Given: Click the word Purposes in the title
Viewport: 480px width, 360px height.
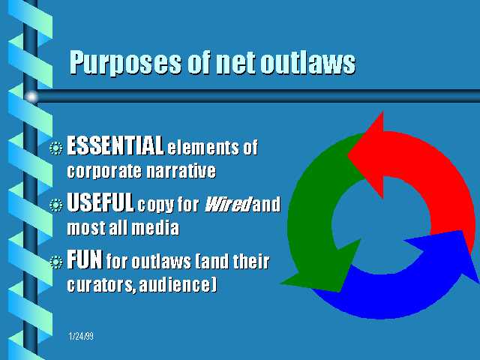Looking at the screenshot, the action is point(125,63).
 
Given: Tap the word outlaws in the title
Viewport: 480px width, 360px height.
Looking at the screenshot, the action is point(308,62).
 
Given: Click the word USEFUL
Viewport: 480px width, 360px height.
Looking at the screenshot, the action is point(100,202).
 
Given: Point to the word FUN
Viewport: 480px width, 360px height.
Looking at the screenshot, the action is point(85,259).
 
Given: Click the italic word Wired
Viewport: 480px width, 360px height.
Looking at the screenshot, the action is point(227,204).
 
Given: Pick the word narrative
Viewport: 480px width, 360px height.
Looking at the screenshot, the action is point(181,170).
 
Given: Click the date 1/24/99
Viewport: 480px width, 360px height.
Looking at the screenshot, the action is point(81,337).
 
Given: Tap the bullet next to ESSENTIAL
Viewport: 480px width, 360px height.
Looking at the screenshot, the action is point(56,148).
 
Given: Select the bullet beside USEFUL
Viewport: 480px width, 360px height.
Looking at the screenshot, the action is point(56,205).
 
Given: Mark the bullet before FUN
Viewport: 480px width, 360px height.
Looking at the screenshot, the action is point(56,262).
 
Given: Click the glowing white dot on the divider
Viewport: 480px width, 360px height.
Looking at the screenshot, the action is point(31,97).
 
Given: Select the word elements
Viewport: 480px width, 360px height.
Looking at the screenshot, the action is point(202,148).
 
